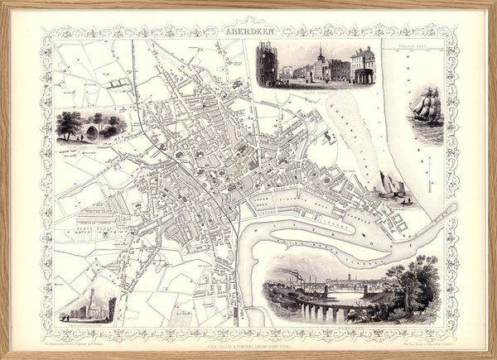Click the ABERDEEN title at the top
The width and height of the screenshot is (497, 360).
coord(248,31)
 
